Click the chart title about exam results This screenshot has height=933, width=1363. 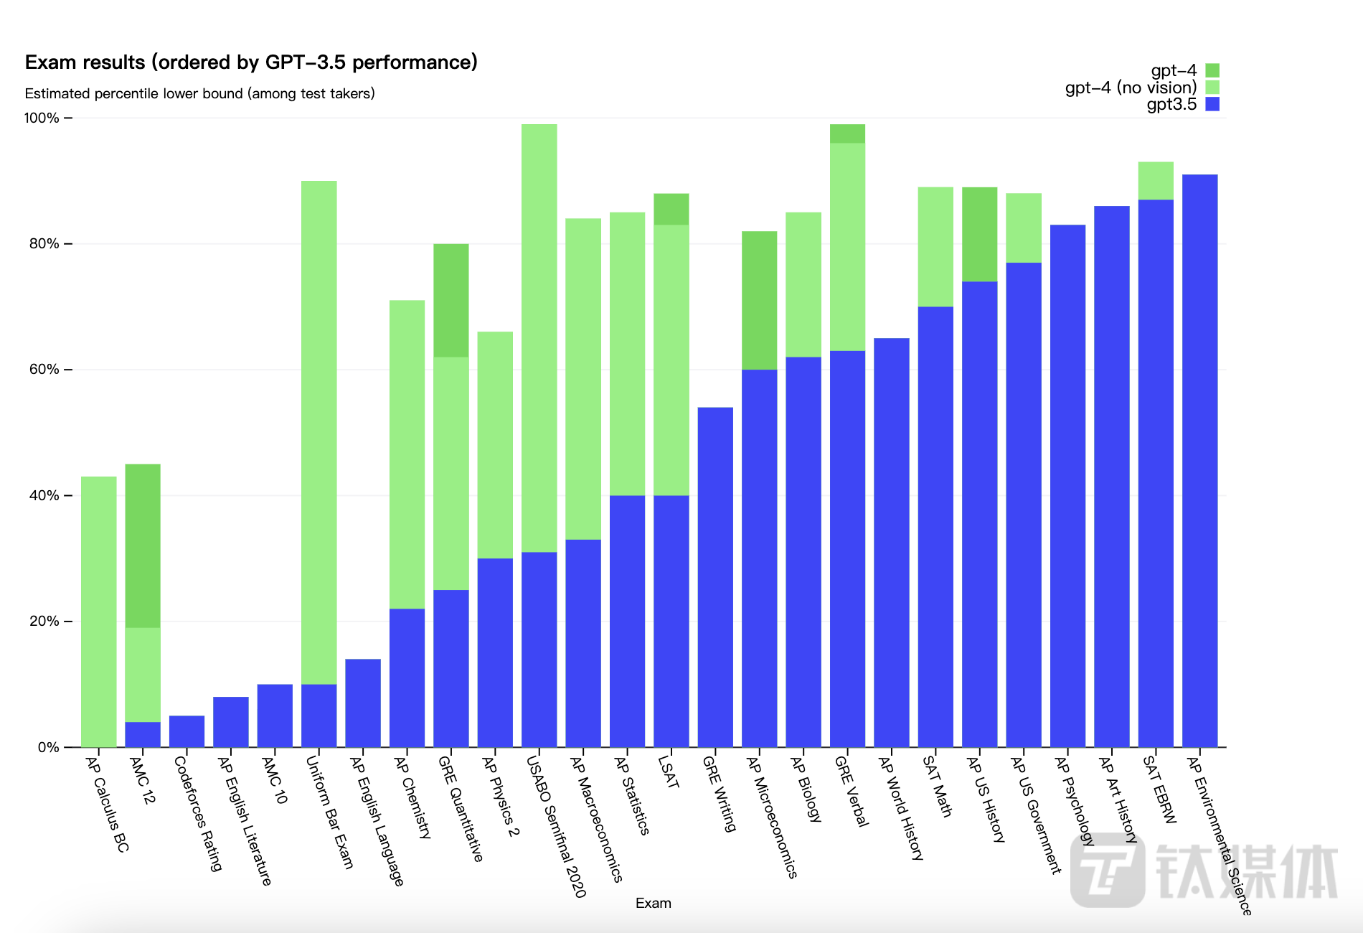[x=251, y=62]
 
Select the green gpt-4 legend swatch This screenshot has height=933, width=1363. [x=1212, y=70]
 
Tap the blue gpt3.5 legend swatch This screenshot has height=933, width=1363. [x=1212, y=104]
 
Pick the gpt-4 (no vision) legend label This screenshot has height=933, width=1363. [x=1131, y=88]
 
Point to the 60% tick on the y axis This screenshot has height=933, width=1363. [x=68, y=370]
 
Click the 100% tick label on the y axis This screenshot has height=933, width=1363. [x=42, y=118]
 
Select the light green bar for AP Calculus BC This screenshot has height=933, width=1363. [x=99, y=610]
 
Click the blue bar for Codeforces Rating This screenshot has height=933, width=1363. [x=187, y=731]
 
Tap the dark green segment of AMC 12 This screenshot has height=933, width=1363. [x=143, y=545]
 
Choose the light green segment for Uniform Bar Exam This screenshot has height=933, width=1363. [x=319, y=431]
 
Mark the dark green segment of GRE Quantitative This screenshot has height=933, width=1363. [x=451, y=300]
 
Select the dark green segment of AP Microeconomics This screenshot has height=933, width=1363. [x=759, y=300]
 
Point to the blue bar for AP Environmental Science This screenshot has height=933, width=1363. [x=1199, y=459]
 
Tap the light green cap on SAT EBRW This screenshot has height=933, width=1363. [x=1156, y=180]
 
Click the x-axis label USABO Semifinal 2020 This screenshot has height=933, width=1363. [x=557, y=825]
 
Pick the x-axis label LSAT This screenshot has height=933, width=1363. [x=668, y=772]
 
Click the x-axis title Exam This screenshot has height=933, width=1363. [x=653, y=903]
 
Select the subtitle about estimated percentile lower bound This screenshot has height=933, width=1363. [x=199, y=93]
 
